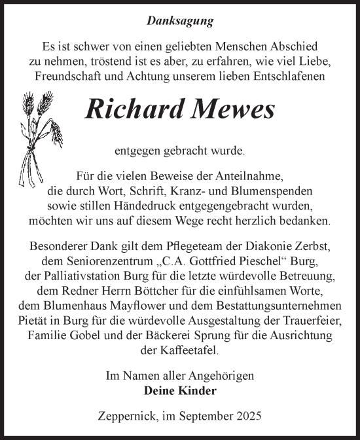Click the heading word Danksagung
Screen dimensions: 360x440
[x=179, y=22]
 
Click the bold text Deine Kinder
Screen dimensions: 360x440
[x=179, y=391]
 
